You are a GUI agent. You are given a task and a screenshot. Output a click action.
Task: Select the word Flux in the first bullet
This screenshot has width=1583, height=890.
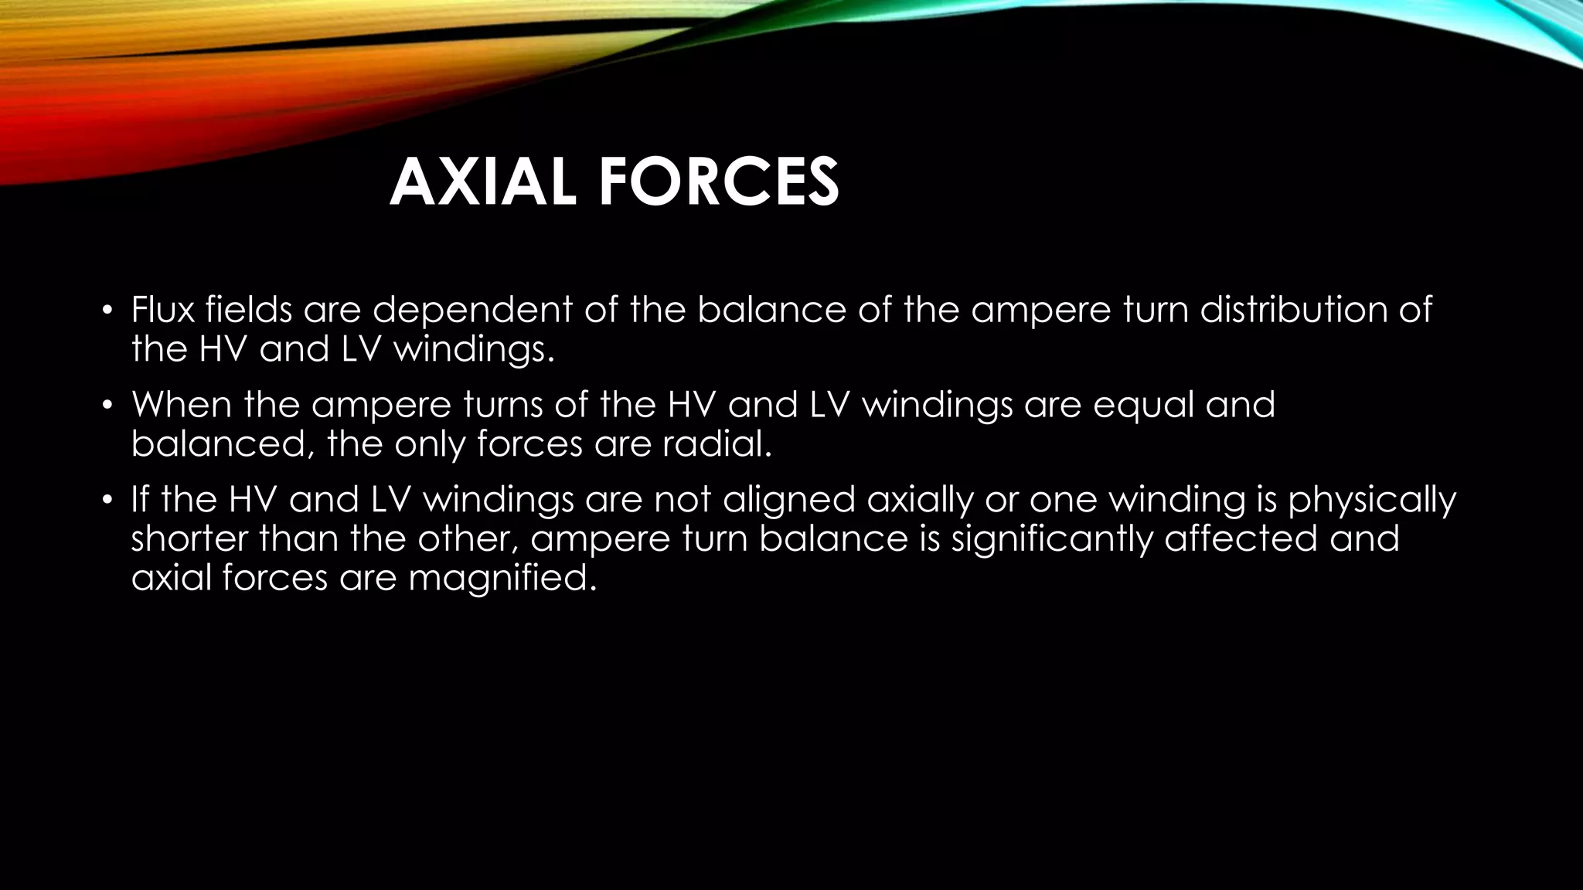click(162, 310)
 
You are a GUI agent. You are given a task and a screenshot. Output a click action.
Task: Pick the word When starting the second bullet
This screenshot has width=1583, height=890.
click(182, 406)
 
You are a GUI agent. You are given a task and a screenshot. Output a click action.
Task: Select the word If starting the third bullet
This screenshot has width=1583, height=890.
click(139, 500)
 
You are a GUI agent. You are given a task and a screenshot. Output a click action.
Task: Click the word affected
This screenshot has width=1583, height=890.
click(1240, 538)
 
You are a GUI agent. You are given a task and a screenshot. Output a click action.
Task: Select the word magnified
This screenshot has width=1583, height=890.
click(502, 579)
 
